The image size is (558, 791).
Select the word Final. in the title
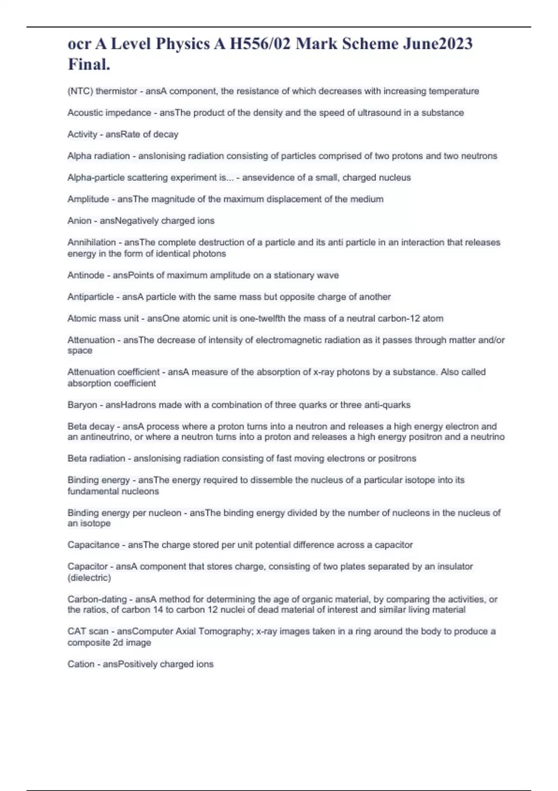pos(89,64)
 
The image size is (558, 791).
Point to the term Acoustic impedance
pos(109,113)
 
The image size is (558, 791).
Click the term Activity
pos(82,134)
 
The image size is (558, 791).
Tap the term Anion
pos(79,221)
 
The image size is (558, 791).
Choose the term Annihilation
pos(91,242)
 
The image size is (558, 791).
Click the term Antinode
pos(86,275)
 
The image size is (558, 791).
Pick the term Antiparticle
pos(90,297)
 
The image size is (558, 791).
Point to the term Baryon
pos(81,405)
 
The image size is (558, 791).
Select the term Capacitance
pos(93,545)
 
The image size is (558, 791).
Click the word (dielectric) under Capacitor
pos(89,578)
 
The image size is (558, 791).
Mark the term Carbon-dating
pos(97,599)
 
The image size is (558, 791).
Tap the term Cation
pos(80,664)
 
